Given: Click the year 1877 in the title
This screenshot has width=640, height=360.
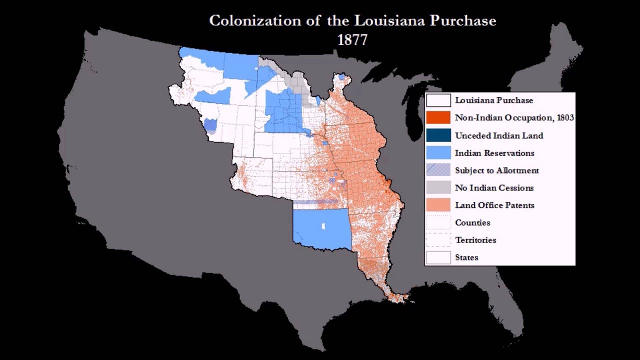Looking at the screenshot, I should click(x=352, y=40).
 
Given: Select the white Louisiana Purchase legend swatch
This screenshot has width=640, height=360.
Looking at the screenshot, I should click(x=438, y=100).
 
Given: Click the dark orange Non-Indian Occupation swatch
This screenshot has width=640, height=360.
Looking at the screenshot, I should click(x=438, y=118).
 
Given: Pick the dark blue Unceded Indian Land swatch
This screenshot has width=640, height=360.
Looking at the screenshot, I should click(x=438, y=135).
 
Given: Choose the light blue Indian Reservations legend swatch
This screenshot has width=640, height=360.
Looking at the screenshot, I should click(x=438, y=153).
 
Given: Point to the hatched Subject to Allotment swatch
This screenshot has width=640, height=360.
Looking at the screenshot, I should click(x=438, y=170).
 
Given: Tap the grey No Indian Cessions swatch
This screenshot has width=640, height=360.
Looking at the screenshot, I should click(x=438, y=188).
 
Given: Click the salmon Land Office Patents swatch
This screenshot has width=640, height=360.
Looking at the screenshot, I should click(x=438, y=205).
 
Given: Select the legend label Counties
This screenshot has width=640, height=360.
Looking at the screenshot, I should click(x=472, y=223).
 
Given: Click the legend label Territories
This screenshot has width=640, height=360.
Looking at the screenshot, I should click(x=475, y=240).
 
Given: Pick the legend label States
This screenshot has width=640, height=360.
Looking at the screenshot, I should click(x=466, y=258).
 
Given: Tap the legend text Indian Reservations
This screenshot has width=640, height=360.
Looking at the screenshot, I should click(x=494, y=153).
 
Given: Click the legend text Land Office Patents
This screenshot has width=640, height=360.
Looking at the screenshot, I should click(x=494, y=205).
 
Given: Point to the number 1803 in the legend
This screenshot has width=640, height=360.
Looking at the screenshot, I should click(x=564, y=118).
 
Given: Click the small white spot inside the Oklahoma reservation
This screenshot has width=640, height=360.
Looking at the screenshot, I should click(x=323, y=226).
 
